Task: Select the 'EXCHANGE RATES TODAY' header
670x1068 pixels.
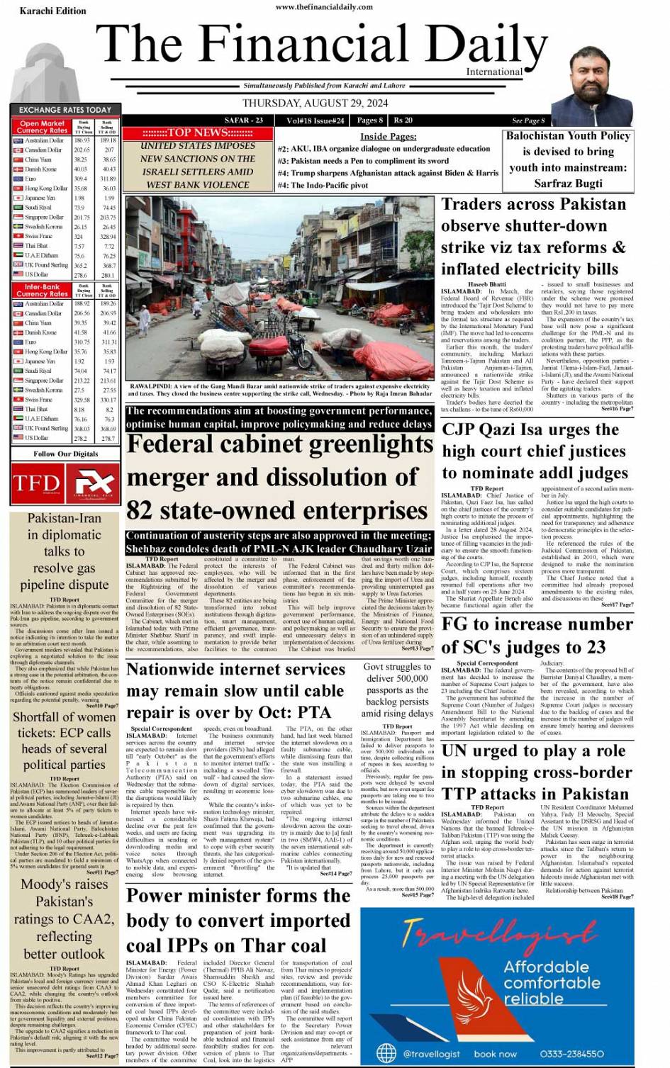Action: (x=65, y=110)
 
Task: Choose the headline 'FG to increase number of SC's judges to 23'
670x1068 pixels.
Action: (x=523, y=635)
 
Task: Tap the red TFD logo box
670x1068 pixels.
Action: (x=36, y=483)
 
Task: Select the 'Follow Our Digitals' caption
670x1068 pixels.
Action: (x=65, y=454)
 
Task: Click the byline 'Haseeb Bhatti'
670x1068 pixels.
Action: (x=488, y=284)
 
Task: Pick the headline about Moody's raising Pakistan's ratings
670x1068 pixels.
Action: (x=65, y=918)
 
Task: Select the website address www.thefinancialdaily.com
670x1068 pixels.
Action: (x=324, y=7)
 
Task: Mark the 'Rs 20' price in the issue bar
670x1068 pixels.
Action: (x=403, y=120)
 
